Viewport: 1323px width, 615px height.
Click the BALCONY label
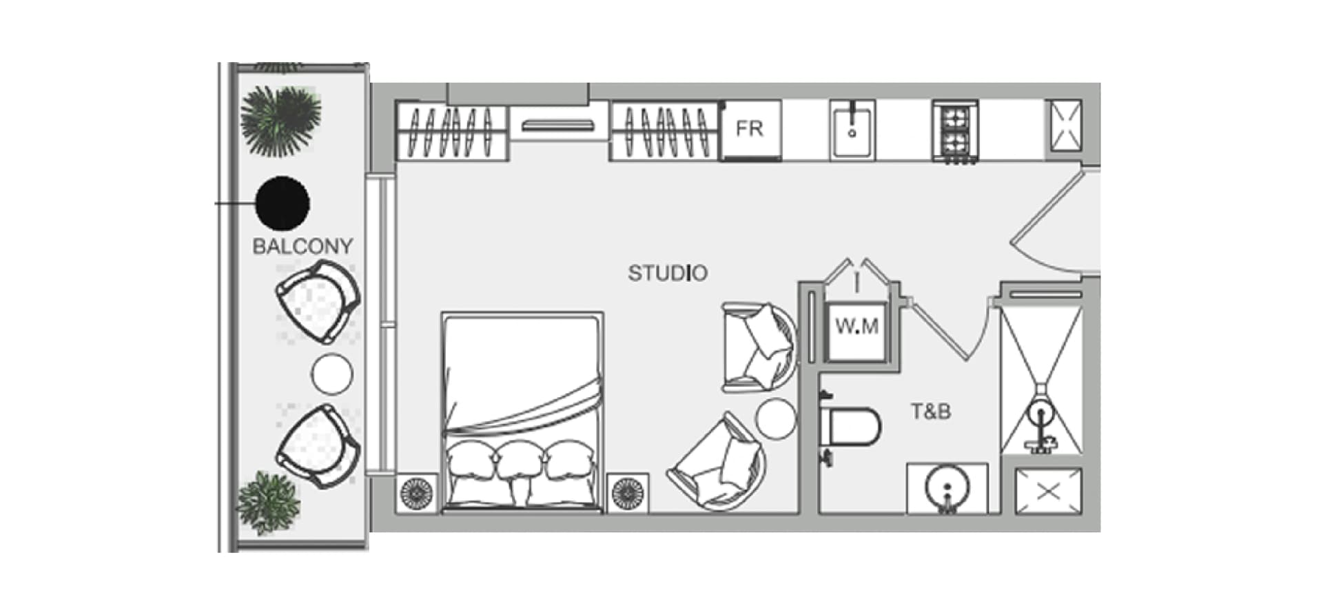pyautogui.click(x=302, y=246)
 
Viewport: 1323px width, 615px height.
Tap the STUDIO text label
pyautogui.click(x=667, y=273)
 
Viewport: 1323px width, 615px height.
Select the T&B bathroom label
pyautogui.click(x=931, y=412)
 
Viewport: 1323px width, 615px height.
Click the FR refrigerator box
pyautogui.click(x=750, y=129)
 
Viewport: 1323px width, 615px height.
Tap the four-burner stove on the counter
pyautogui.click(x=954, y=131)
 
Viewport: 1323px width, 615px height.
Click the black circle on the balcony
pyautogui.click(x=282, y=203)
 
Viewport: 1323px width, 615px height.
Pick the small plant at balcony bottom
pyautogui.click(x=269, y=502)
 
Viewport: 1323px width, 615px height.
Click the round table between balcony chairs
pyautogui.click(x=332, y=374)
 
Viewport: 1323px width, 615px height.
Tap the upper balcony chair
pyautogui.click(x=318, y=301)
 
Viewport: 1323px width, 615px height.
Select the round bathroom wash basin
pyautogui.click(x=947, y=487)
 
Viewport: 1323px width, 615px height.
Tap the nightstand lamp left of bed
pyautogui.click(x=417, y=494)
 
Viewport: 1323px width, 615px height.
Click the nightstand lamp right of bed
pyautogui.click(x=628, y=494)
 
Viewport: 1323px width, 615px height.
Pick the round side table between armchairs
pyautogui.click(x=776, y=418)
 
